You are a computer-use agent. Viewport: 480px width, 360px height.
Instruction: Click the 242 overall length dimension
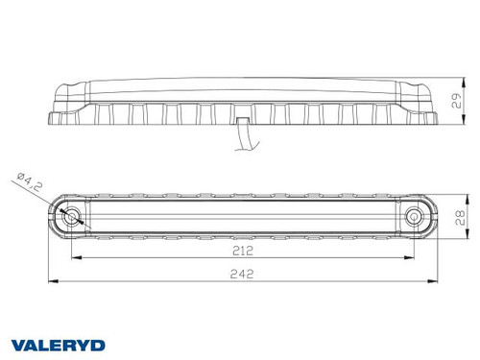[243, 273]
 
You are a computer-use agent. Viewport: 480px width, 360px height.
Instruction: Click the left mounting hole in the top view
[70, 217]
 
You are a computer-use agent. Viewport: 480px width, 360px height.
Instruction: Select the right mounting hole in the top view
[414, 218]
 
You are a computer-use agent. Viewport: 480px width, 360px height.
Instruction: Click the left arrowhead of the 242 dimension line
[49, 281]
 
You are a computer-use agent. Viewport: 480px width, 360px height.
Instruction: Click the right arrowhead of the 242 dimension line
[437, 281]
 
